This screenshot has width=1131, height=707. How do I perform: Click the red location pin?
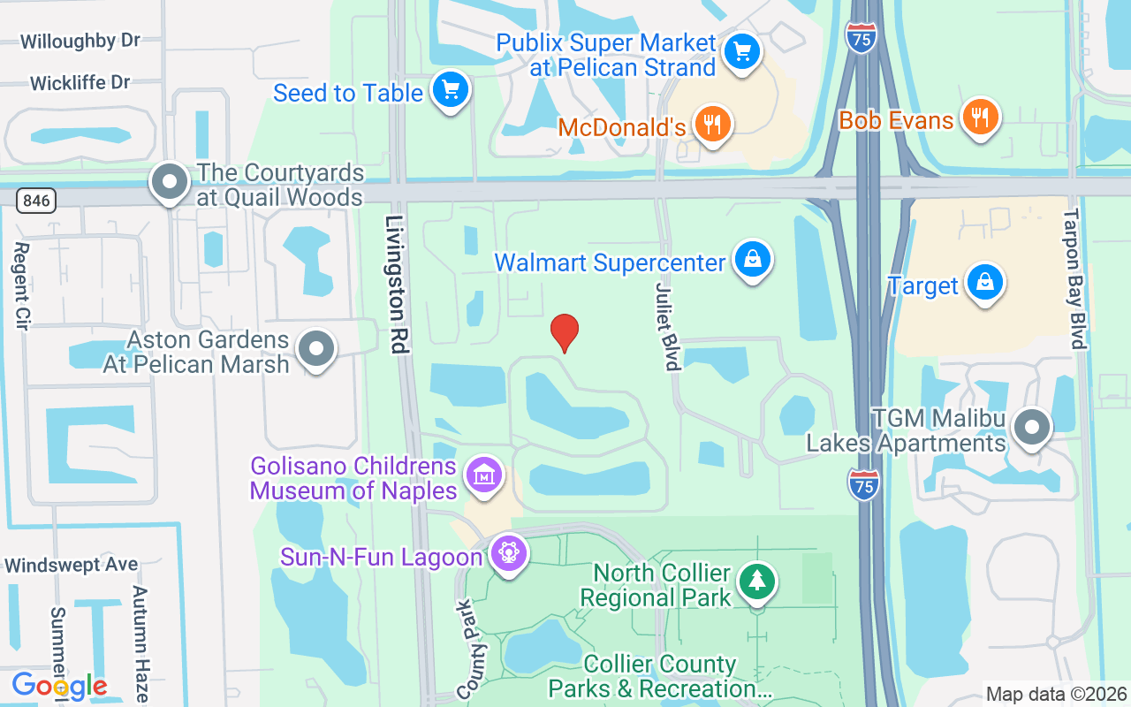click(x=565, y=331)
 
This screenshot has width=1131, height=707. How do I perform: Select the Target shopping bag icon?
click(x=983, y=284)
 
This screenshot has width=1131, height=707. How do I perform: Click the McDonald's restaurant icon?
click(x=713, y=125)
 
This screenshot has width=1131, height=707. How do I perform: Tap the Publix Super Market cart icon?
click(x=741, y=51)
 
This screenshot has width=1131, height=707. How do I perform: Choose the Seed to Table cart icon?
click(x=451, y=89)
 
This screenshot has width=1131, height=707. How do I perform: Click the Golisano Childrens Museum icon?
click(x=483, y=475)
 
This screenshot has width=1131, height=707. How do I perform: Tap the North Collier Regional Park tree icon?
click(x=756, y=581)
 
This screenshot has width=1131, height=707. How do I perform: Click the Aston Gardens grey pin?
click(x=315, y=349)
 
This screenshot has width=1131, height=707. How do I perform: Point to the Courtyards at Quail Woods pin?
click(x=170, y=183)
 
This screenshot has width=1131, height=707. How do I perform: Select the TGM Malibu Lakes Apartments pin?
click(x=1030, y=428)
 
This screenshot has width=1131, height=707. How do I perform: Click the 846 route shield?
click(x=35, y=201)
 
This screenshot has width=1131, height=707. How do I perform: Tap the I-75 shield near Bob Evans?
click(x=861, y=38)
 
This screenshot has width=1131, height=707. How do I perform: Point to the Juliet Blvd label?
click(x=667, y=326)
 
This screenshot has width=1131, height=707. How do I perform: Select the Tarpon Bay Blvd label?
click(x=1073, y=279)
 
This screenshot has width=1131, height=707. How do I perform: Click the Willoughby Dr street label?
click(x=80, y=41)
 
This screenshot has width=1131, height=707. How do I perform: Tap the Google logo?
click(x=59, y=686)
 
